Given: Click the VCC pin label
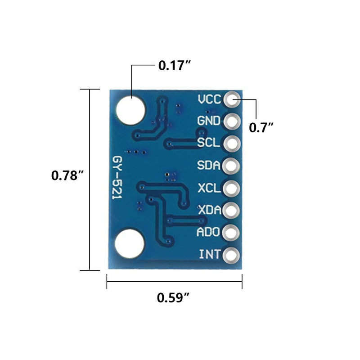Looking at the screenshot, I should point(209,99).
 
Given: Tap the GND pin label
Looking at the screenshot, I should point(209,121).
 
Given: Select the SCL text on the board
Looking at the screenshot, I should point(209,143).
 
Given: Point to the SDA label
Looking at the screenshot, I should point(209,166).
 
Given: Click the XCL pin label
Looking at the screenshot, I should point(209,188).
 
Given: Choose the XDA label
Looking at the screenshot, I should point(209,210).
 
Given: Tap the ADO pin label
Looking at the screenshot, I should point(209,232).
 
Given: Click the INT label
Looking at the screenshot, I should point(210,255).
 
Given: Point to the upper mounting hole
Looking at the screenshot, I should point(130,110).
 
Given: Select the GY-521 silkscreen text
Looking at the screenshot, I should point(118,180).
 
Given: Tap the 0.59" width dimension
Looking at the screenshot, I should point(173,298).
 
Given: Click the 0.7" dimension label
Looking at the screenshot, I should point(261,127).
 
